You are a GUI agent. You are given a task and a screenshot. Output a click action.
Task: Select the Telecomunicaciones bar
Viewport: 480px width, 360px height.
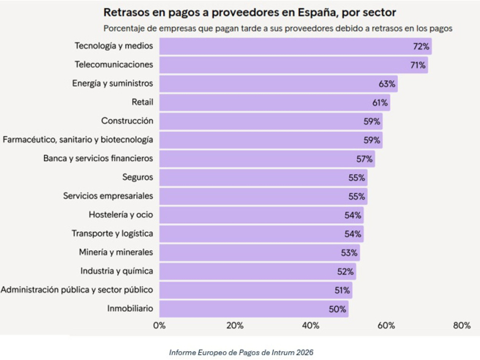293,65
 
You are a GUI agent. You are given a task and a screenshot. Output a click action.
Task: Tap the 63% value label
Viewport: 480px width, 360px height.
387,84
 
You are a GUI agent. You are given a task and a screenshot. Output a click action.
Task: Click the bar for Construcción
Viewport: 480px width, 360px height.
271,121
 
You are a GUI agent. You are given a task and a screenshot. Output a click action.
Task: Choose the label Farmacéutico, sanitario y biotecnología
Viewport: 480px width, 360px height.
78,139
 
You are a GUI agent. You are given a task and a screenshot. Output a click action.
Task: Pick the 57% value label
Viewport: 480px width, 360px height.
364,158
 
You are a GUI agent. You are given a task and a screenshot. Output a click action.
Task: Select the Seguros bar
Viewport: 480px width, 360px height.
263,177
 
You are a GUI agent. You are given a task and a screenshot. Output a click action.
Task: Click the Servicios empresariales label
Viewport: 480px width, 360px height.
108,195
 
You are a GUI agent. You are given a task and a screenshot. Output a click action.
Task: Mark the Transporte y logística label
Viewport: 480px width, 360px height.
112,233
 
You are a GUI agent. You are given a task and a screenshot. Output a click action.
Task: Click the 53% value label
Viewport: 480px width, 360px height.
349,252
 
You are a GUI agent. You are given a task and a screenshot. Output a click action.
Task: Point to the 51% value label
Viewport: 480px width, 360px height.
342,290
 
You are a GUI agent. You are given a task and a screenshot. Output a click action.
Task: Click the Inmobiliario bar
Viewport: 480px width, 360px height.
253,309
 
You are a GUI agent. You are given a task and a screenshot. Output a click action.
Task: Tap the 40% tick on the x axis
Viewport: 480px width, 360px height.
310,325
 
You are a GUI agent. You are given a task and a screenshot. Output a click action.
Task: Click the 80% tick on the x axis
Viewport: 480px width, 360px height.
461,325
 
